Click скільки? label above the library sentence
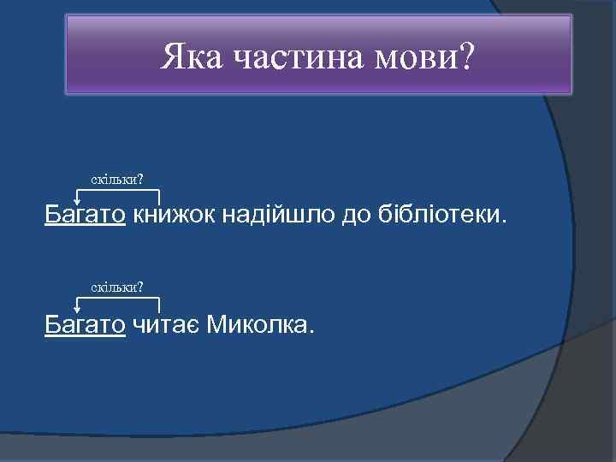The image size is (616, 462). (x=117, y=179)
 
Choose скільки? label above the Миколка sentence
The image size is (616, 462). (x=117, y=286)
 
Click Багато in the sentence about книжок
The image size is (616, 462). (x=86, y=214)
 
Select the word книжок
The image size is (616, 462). (x=174, y=214)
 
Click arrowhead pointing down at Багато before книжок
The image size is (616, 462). (x=77, y=202)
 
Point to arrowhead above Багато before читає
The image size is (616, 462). (x=77, y=311)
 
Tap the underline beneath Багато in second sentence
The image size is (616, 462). (x=86, y=335)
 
